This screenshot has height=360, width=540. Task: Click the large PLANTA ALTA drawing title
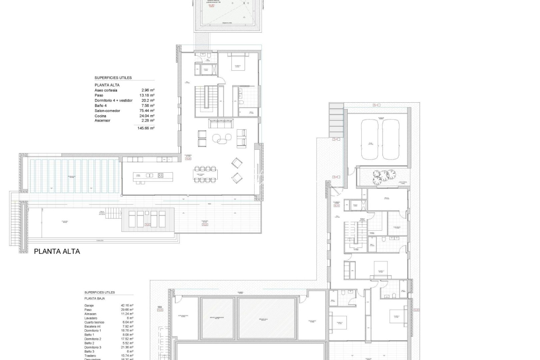point(57,251)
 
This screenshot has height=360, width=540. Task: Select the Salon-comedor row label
point(107,111)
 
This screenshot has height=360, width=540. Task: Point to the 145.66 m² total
point(146,128)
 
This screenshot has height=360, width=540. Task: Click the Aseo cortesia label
point(106,90)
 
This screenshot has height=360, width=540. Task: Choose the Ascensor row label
point(102,121)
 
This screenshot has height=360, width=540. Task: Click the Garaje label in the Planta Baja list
point(89,305)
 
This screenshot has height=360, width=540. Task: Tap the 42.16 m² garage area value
point(127,305)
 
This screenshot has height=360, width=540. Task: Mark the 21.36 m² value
point(127,347)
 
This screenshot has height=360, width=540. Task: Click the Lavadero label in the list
point(91,318)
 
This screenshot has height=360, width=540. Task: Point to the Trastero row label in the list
point(90,356)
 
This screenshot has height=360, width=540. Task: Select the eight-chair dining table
point(205,174)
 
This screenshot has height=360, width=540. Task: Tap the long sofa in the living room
point(222,124)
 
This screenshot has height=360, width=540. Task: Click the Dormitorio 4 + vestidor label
point(113,100)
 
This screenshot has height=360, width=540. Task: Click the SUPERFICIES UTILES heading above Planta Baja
point(100,292)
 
